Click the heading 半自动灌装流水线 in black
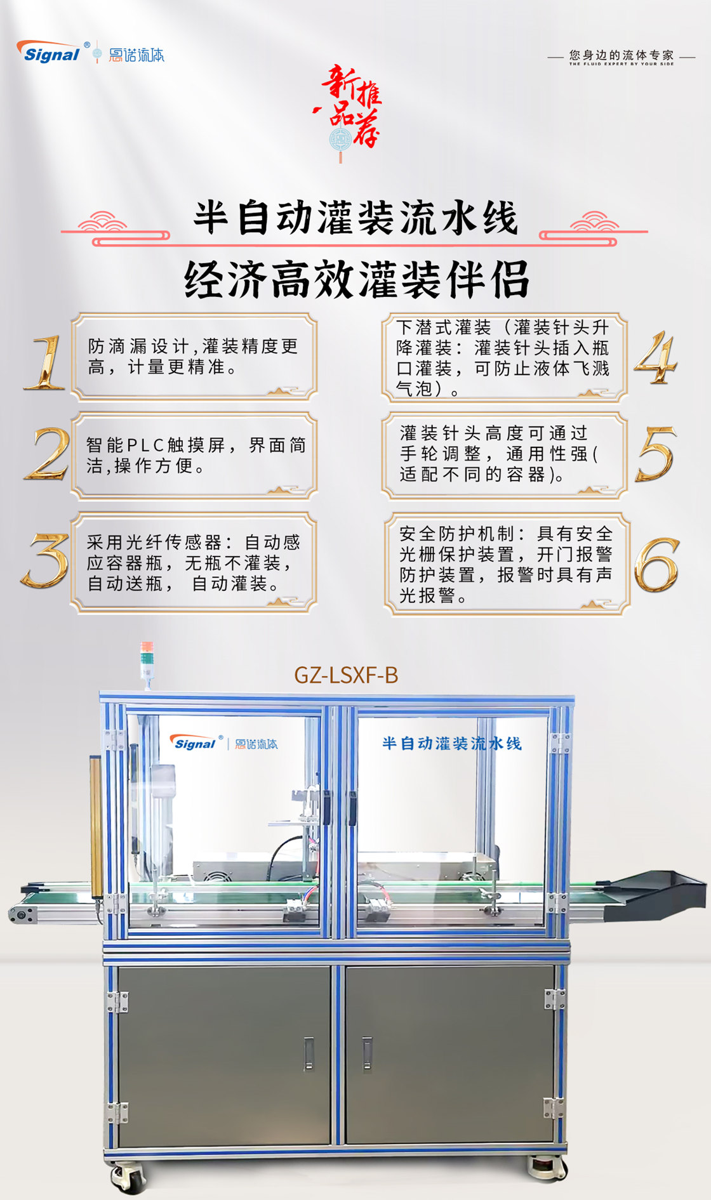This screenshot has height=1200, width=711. pos(355,218)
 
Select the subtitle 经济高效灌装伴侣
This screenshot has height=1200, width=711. pos(357,279)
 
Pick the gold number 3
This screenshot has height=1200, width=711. pos(45,560)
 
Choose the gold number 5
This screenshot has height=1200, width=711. pos(656,453)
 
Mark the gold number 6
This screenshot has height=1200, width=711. pos(657,565)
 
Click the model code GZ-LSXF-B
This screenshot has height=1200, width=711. pos(346,675)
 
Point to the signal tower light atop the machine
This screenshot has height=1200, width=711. pos(147,664)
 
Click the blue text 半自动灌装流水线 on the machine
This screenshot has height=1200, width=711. pos(452,743)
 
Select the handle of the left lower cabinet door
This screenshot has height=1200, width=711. pos(309,1053)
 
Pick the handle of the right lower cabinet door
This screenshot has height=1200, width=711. pos(367,1053)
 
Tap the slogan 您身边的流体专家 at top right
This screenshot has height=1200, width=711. pos(621,55)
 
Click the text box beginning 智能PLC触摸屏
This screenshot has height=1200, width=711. pos(194,455)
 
